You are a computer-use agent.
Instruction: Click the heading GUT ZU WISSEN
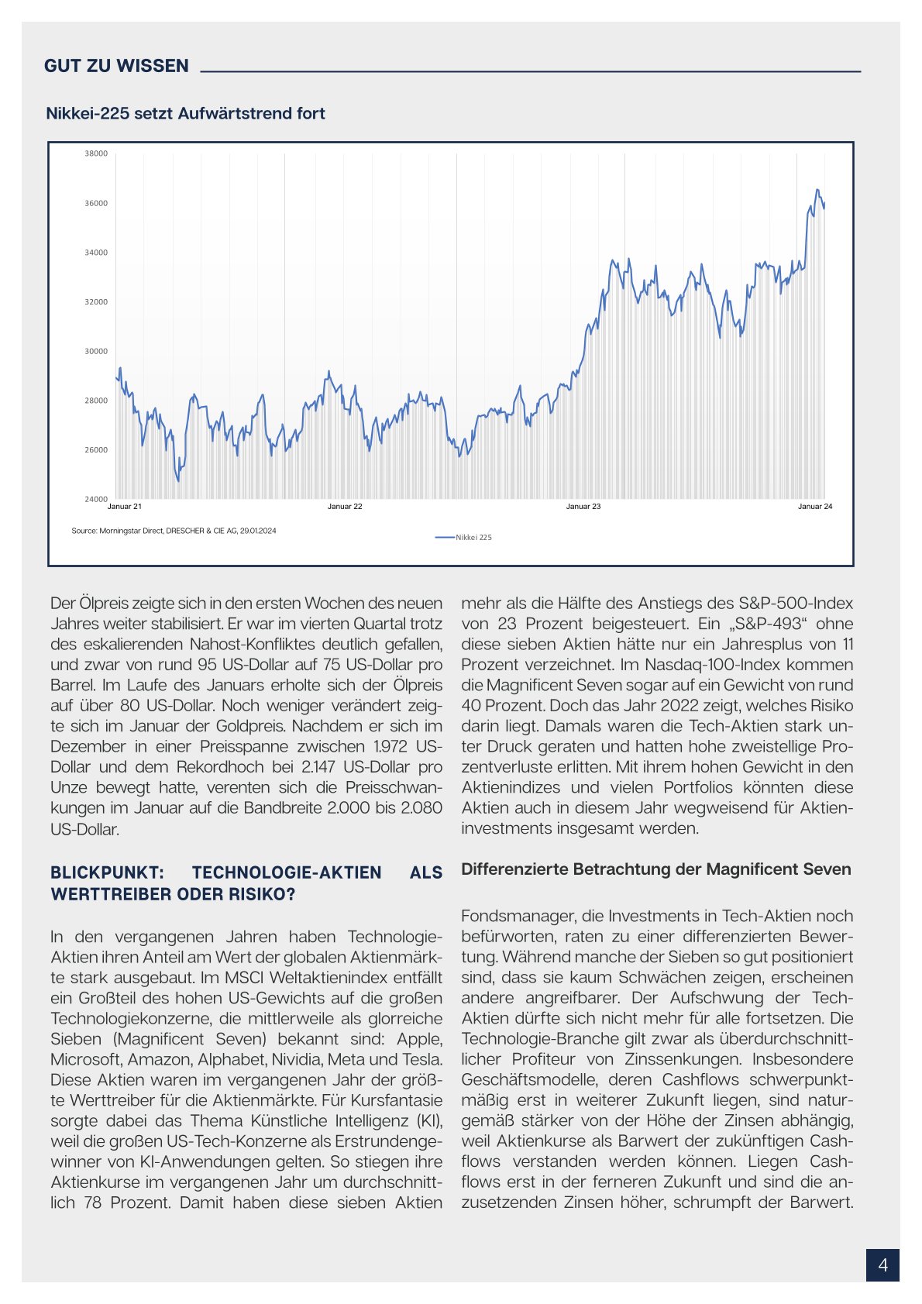[x=116, y=66]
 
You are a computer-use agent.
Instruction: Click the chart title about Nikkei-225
[x=185, y=113]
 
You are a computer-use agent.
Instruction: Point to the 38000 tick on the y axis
[x=96, y=153]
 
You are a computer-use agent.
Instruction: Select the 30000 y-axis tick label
[x=96, y=351]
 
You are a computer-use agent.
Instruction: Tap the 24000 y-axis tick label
[x=96, y=499]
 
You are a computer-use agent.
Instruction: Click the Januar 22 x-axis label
[x=345, y=507]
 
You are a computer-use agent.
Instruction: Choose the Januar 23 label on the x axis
[x=583, y=507]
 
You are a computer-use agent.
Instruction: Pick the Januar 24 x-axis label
[x=815, y=507]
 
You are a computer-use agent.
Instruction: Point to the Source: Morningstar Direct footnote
[x=174, y=531]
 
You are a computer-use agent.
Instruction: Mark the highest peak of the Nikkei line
[x=817, y=189]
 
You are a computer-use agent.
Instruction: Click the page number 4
[x=882, y=1265]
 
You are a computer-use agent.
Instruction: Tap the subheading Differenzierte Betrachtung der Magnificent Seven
[x=655, y=869]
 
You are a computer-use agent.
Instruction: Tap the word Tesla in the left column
[x=420, y=1059]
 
